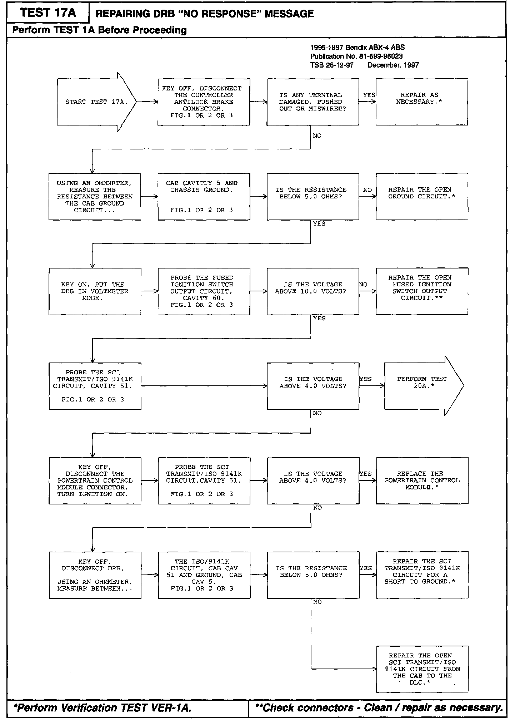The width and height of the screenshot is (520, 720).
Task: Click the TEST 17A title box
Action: coord(48,13)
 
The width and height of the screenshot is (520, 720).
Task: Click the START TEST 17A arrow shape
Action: coord(96,102)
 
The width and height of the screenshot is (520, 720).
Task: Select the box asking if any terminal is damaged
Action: coord(312,102)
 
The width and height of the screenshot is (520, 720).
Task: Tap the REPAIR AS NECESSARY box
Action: coord(421,102)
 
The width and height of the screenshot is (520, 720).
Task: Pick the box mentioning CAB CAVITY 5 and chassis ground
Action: coord(204,197)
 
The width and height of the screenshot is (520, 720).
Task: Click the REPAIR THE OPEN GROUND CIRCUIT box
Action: coord(421,197)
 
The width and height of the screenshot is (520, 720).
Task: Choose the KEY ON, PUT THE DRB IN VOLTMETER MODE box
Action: coord(95,291)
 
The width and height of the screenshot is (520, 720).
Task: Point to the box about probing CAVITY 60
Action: coord(204,291)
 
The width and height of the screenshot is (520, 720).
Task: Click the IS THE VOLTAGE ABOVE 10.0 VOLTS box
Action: coord(312,291)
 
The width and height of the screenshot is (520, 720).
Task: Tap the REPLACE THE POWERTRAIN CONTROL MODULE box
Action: coord(422,480)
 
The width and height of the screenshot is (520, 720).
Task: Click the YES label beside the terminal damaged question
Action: coord(369,95)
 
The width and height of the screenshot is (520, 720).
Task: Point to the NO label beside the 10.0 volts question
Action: coord(363,285)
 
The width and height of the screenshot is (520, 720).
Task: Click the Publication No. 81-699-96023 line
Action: coord(356,56)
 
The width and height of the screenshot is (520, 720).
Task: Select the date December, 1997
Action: coord(393,65)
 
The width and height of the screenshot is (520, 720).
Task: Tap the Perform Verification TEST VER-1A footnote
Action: coord(102,708)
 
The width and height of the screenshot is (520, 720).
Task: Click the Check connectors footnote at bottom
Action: coord(379,708)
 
